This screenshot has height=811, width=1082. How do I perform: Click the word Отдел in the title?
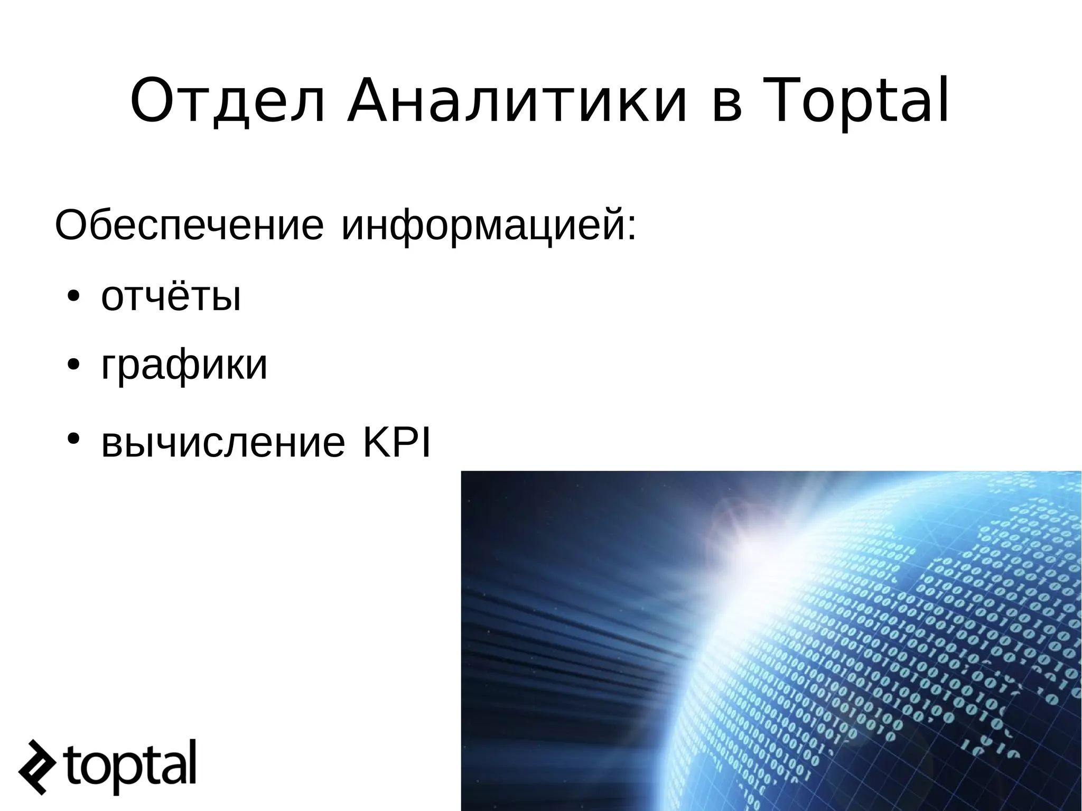[x=227, y=101]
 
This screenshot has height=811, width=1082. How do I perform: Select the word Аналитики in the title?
[x=517, y=101]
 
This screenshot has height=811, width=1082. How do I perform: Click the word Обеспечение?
[x=189, y=226]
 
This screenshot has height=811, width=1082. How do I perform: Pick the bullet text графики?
[x=184, y=367]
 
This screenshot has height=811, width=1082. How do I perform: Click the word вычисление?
[x=222, y=443]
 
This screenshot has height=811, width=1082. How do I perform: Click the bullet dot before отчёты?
[x=73, y=296]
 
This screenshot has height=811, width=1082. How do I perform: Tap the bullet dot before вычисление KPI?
[x=73, y=439]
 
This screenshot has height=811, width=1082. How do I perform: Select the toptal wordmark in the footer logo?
[x=130, y=763]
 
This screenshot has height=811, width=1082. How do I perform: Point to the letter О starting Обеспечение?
[x=70, y=226]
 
